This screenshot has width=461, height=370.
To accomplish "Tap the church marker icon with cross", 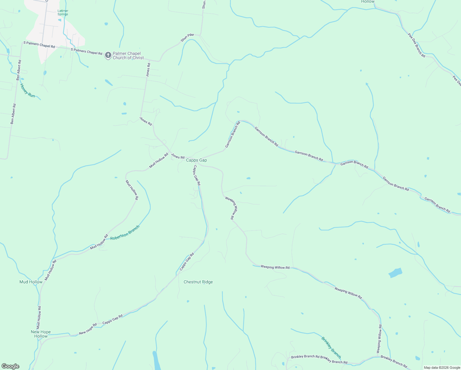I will tap(108, 55).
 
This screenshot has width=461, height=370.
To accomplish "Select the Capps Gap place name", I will tap(196, 160).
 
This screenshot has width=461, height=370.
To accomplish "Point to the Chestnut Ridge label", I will tap(198, 282).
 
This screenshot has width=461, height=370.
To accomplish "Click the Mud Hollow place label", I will tap(31, 282).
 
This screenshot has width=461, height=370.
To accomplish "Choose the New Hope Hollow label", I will tap(41, 334).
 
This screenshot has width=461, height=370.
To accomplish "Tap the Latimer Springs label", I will tap(63, 13).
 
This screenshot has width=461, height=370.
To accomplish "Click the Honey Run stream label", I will tap(27, 90).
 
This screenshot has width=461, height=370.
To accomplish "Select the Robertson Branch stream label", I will tap(125, 233).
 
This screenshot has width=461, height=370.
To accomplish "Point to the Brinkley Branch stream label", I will tap(331, 347).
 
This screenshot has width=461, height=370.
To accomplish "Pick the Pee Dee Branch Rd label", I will tap(416, 45).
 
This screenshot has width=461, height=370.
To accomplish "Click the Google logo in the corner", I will tap(10, 366).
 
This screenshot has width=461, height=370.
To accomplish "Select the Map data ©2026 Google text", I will tap(442, 368).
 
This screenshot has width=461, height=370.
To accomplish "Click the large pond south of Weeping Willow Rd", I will tap(395, 273).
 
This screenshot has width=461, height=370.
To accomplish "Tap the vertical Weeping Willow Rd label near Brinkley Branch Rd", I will tap(379, 339).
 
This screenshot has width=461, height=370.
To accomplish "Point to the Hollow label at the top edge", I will tap(368, 2).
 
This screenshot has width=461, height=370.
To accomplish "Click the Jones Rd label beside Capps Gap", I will tap(177, 156).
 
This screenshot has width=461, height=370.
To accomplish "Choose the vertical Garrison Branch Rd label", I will tap(232, 135).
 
